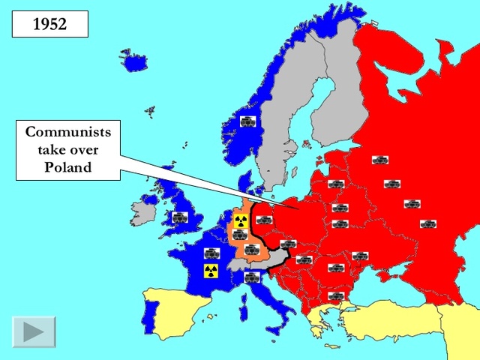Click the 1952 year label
50,23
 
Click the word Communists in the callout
67,132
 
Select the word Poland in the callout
67,167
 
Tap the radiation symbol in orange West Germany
241,220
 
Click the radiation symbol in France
211,271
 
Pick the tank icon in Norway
247,121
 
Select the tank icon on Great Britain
178,217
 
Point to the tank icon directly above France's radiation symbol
211,252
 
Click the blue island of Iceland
136,61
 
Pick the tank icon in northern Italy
252,277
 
